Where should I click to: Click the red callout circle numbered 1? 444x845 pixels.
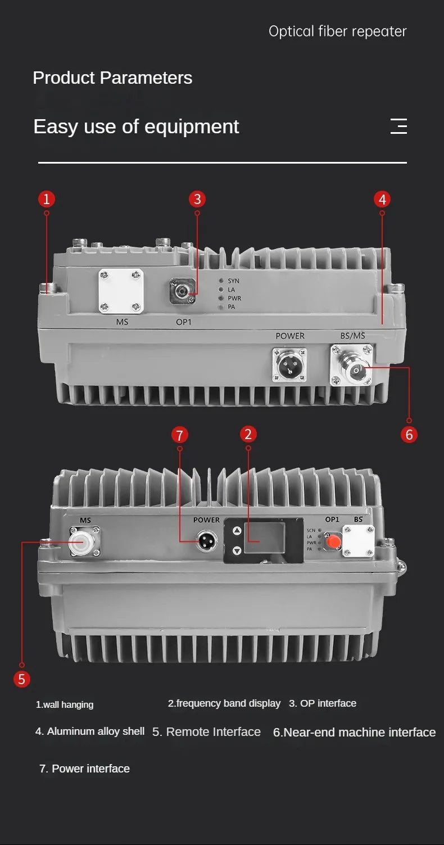point(47,199)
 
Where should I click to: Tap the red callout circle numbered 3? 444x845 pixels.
point(197,199)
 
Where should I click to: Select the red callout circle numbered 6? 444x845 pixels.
point(409,435)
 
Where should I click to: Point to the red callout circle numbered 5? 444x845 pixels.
point(21,679)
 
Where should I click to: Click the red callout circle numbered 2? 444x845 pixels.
point(248,434)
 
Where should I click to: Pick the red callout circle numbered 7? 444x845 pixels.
point(179,435)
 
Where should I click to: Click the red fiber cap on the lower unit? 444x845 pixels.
point(333,542)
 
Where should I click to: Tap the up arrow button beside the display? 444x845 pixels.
point(237,531)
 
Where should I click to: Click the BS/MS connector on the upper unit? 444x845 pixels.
point(352,365)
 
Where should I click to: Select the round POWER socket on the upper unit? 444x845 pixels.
point(289,365)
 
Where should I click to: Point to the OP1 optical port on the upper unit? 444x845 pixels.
point(183,291)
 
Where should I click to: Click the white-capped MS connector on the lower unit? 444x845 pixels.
point(85,542)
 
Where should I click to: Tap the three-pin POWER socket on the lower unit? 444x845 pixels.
point(207,541)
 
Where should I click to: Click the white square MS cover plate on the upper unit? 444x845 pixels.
point(121,291)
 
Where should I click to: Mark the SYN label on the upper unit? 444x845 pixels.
point(233,281)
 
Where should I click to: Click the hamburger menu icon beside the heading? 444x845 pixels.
point(398,126)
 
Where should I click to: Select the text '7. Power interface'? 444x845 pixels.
point(84,769)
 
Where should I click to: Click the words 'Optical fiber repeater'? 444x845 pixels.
point(338,31)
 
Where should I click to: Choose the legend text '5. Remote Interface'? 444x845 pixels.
point(206,732)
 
